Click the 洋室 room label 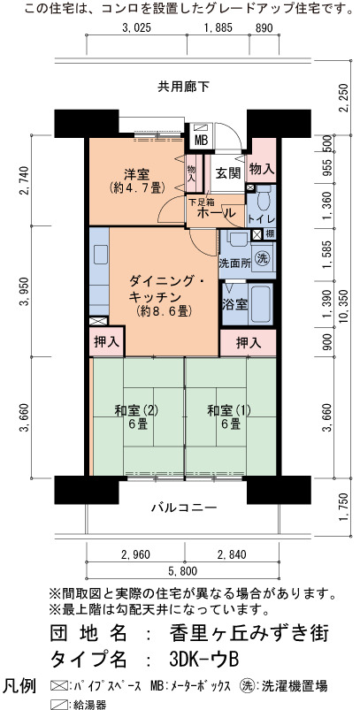(x=138, y=173)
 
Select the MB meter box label (x=201, y=141)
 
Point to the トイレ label (x=260, y=219)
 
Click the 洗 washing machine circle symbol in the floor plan (x=262, y=257)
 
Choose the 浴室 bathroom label (x=235, y=304)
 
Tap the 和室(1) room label (x=229, y=411)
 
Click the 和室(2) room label (x=136, y=411)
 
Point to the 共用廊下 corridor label (x=183, y=86)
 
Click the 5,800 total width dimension (x=183, y=571)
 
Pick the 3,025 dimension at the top (x=136, y=28)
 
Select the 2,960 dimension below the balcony (x=135, y=554)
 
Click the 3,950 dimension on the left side (x=25, y=291)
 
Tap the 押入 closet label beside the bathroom (x=249, y=343)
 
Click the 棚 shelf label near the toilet (x=270, y=234)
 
